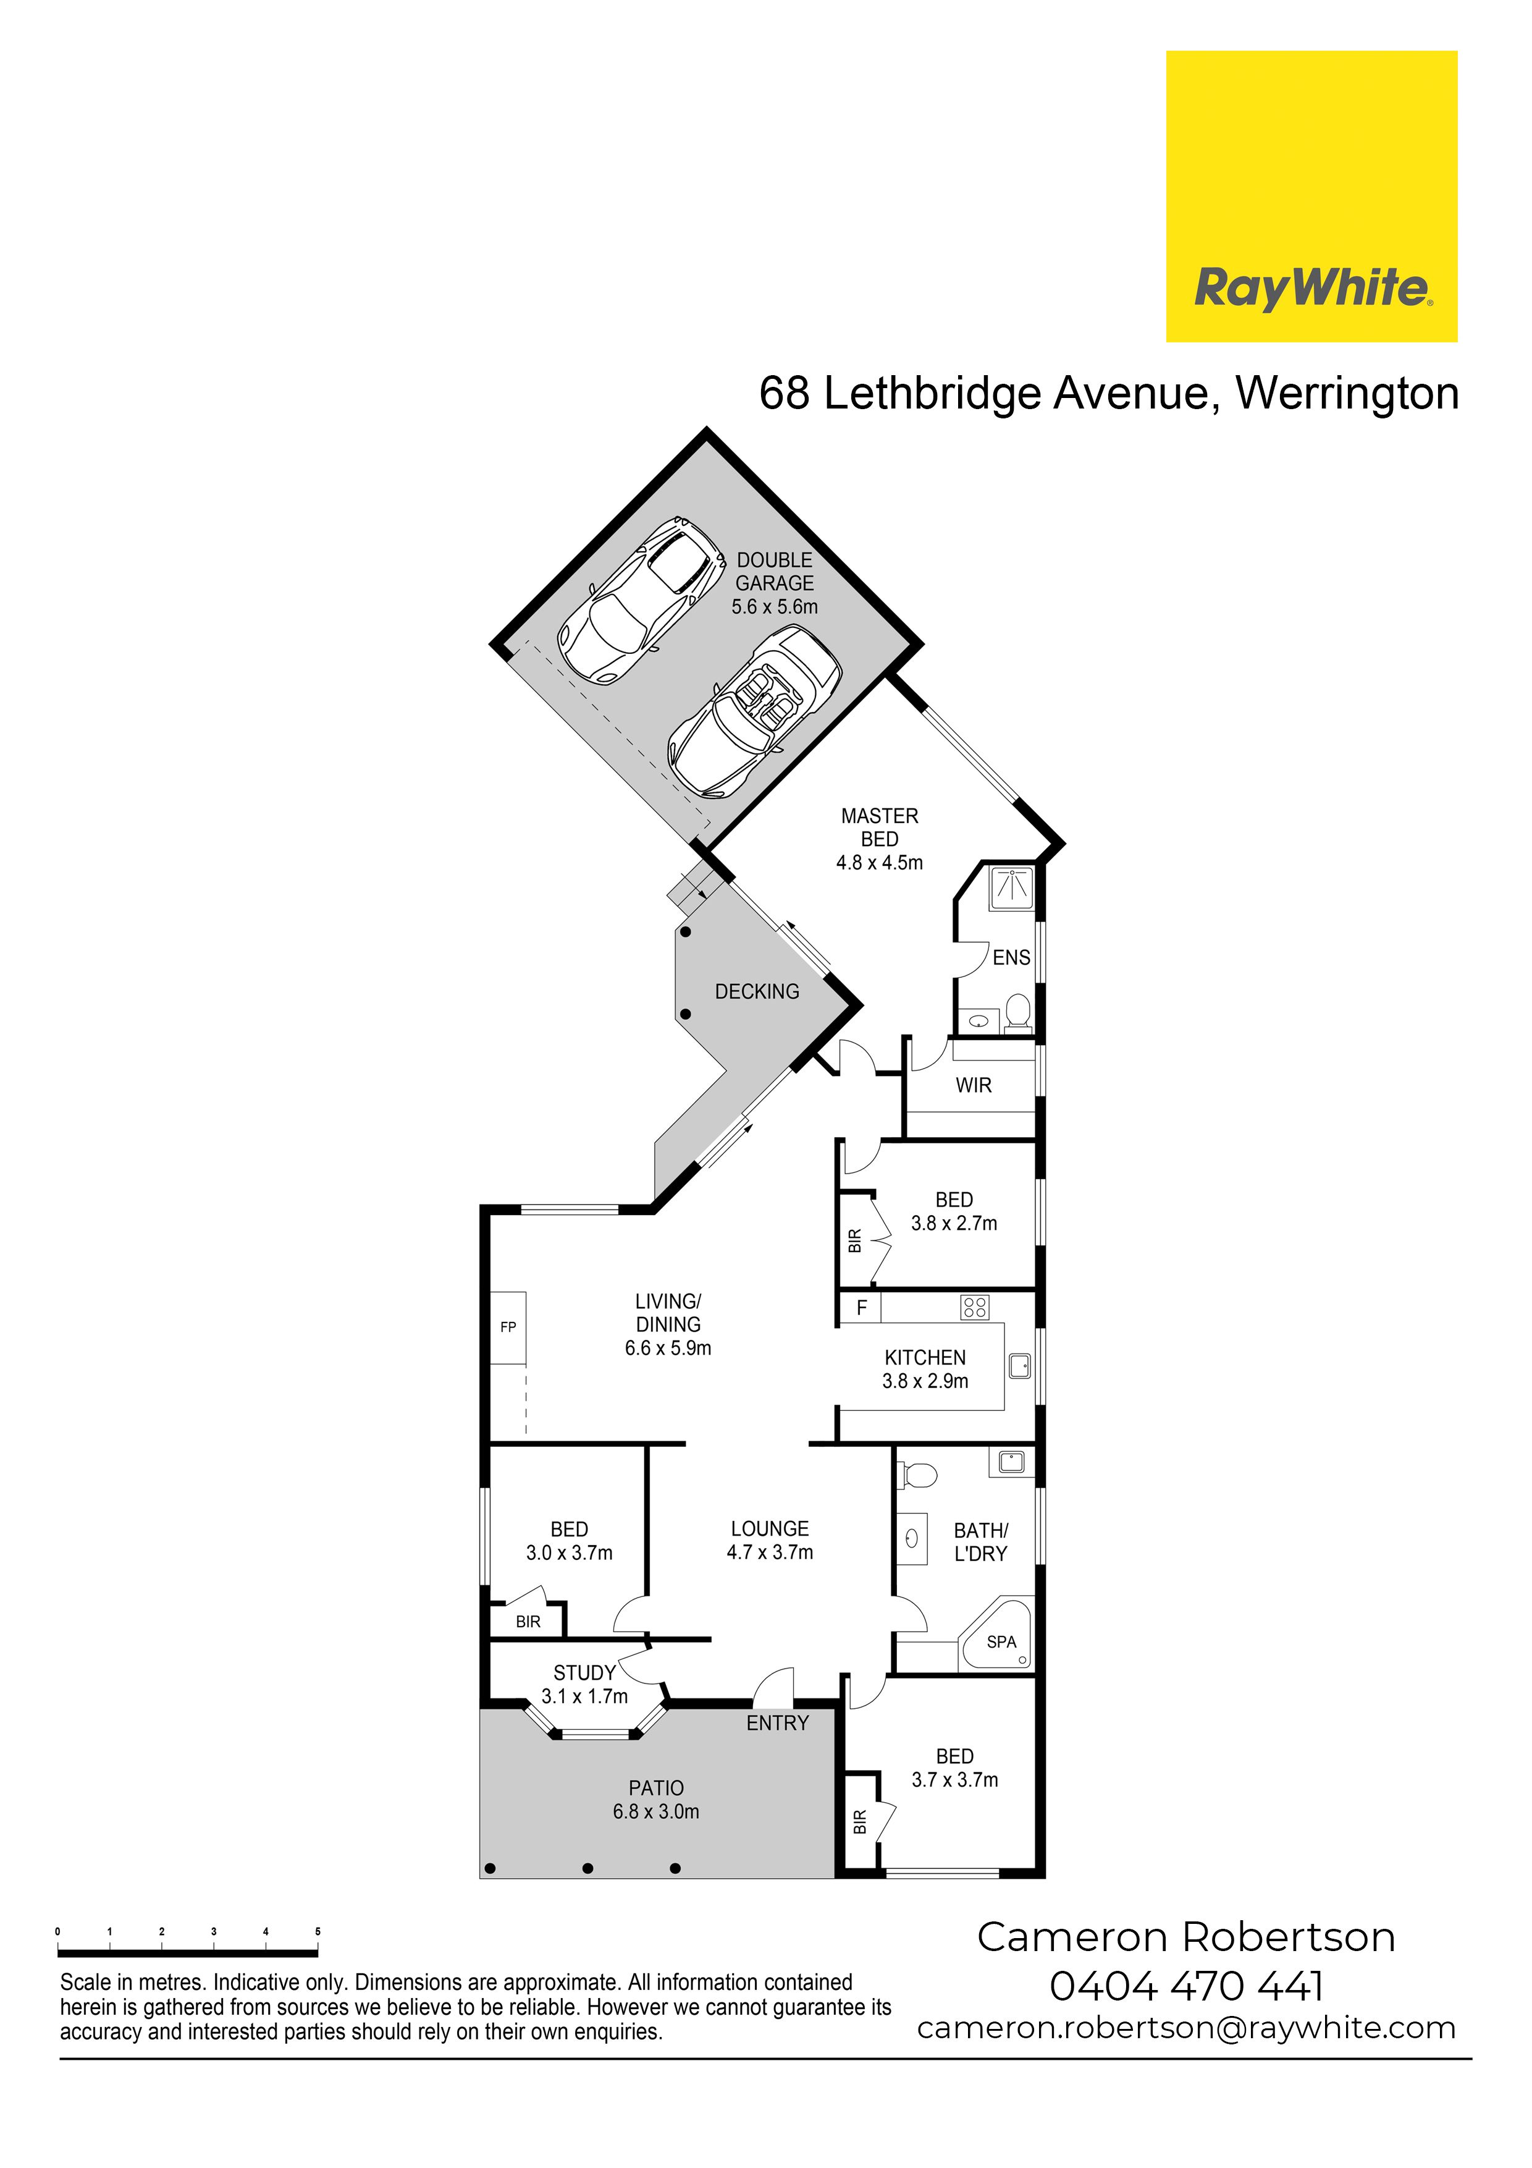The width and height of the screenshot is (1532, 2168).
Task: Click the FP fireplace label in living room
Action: [508, 1327]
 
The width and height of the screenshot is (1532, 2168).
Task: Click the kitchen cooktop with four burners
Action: [975, 1307]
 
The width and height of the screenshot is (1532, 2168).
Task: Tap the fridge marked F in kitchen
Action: [861, 1308]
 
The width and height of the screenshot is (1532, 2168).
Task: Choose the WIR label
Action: [973, 1086]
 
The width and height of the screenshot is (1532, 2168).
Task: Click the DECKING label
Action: [757, 991]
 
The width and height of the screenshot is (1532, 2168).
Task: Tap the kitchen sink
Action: [1019, 1365]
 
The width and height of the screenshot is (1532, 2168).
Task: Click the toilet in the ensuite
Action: [1017, 1010]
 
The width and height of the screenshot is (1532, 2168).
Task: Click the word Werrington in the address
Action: [1347, 393]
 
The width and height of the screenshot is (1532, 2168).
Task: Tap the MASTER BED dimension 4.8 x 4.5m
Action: [880, 862]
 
